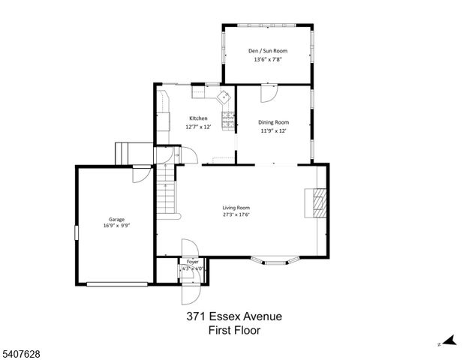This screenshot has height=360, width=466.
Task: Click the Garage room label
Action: point(116,220)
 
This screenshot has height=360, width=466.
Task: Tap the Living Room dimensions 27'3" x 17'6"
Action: point(236,214)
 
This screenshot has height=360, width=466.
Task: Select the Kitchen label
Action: point(198,118)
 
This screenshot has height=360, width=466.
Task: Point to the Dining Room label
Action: point(274,122)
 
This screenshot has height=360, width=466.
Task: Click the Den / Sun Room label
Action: point(268,51)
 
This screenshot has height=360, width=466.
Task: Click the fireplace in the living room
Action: point(320,202)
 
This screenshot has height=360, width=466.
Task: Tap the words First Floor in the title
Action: point(234,330)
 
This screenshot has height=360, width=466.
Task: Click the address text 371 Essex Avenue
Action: point(234,316)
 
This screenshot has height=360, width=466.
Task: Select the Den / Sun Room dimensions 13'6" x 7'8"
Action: point(268,59)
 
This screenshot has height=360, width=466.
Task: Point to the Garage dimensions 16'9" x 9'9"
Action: point(116,226)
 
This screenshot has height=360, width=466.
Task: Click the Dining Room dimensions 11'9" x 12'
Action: point(274,130)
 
